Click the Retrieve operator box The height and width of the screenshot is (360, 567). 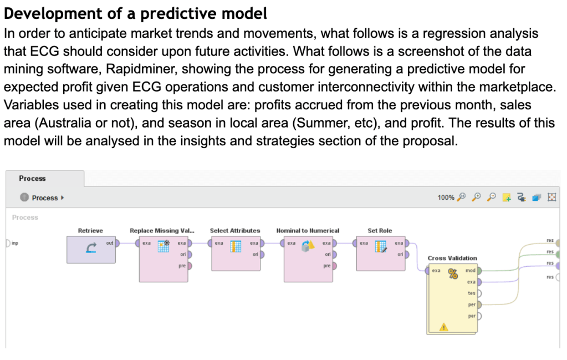91,250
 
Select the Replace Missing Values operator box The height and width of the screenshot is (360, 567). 164,259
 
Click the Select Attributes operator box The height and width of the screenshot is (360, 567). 236,253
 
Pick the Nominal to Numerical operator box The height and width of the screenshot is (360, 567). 308,259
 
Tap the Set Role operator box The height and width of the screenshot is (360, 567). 381,253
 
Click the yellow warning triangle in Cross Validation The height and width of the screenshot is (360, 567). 444,327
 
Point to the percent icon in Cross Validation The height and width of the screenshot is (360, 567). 453,273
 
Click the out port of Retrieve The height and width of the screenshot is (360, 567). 117,243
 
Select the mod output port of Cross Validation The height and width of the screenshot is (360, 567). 479,271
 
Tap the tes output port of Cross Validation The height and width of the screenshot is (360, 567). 479,293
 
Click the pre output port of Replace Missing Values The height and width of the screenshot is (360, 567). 190,266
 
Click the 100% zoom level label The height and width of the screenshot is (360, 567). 446,197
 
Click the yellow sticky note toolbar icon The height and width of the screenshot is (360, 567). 507,197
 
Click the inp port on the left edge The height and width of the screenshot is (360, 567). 8,243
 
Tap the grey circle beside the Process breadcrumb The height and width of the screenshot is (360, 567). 24,197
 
